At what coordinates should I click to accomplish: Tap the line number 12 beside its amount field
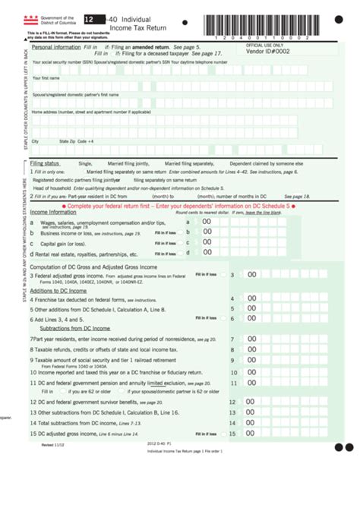(232, 402)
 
